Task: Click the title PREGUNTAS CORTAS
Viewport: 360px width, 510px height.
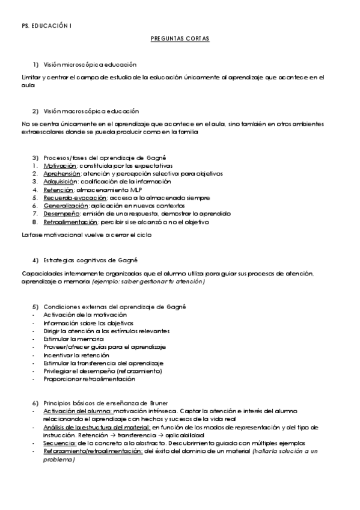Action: click(180, 38)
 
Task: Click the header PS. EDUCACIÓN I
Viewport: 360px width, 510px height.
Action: click(43, 25)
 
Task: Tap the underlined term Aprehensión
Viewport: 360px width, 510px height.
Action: click(63, 173)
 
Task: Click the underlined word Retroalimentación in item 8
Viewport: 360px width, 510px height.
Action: click(70, 222)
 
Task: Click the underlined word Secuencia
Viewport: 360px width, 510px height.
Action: click(59, 443)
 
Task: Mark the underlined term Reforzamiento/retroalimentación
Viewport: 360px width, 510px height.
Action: click(92, 451)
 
